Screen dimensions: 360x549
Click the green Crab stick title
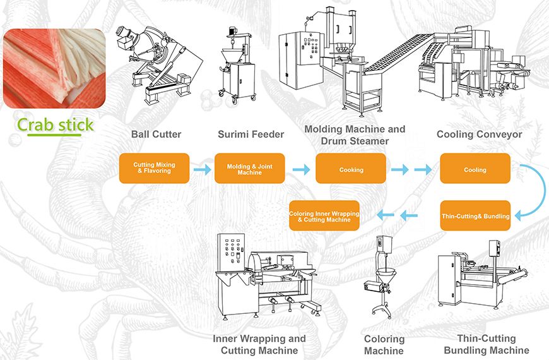pos(56,124)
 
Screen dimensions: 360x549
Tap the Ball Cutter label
pos(156,135)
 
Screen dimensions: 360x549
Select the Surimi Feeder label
pos(251,135)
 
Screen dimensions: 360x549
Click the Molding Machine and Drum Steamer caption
pos(355,135)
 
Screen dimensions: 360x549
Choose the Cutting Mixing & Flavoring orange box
pos(154,168)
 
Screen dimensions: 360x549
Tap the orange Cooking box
pos(351,169)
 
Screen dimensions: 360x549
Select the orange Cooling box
pos(475,169)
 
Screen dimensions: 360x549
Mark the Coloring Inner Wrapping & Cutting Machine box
pos(324,216)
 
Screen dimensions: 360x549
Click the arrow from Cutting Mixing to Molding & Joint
pos(202,169)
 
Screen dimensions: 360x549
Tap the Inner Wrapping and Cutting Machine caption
pos(259,345)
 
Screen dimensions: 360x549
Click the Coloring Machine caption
pos(384,345)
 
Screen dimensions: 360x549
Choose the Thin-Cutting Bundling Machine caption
pos(486,345)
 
